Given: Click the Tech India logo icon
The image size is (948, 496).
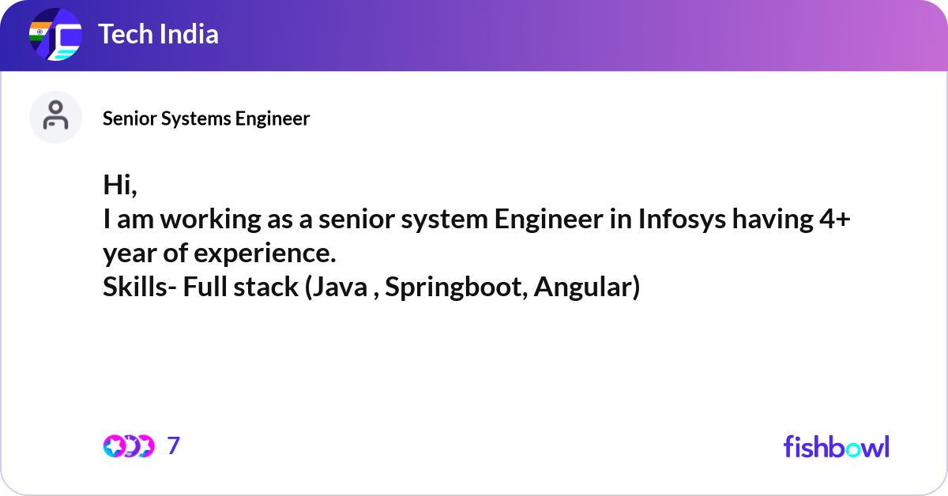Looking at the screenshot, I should tap(55, 36).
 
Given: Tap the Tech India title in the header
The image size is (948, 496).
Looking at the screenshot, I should tap(158, 35).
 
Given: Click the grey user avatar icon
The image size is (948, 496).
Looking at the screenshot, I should tap(55, 117).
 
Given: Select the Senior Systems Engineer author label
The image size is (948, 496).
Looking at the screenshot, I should tap(206, 118).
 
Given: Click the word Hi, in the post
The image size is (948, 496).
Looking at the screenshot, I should tap(120, 186).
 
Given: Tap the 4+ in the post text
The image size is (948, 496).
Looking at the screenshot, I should tap(833, 220).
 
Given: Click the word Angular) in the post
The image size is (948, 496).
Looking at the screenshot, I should tap(586, 287).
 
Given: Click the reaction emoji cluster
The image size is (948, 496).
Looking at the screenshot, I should tap(128, 446).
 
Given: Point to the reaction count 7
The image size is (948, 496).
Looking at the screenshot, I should tap(174, 446).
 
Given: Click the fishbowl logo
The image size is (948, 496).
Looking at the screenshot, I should tap(836, 446).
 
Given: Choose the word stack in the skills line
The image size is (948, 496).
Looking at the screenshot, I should tap(265, 287).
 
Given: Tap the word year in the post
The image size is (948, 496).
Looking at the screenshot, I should tap(130, 254).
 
